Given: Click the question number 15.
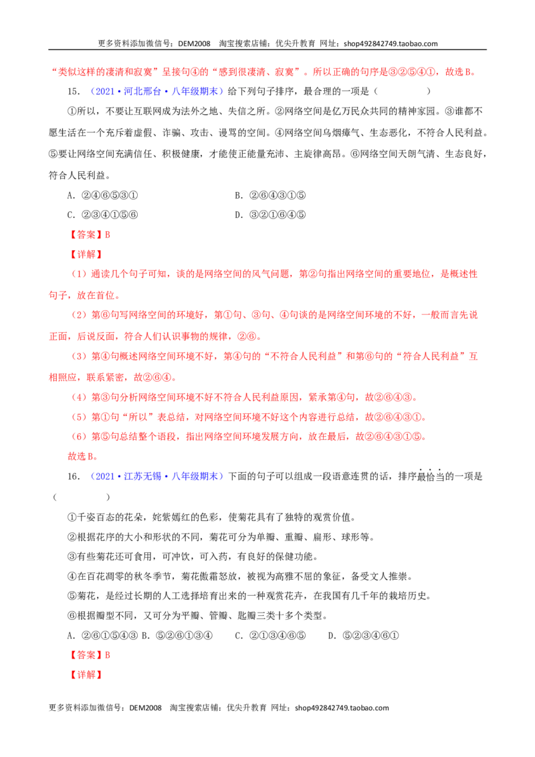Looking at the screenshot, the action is (x=74, y=91).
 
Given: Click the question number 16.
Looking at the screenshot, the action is (x=74, y=477).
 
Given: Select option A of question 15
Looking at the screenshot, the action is (x=102, y=195).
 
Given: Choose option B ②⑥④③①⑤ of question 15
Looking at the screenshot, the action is (x=270, y=195).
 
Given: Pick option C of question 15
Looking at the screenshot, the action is (x=102, y=215).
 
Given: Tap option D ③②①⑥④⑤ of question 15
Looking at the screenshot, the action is (x=270, y=215).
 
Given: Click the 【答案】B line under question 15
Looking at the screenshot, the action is (x=89, y=235).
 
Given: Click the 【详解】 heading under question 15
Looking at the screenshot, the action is (x=86, y=254).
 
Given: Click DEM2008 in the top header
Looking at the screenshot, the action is (x=194, y=43).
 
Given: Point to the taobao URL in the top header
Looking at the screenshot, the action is (x=391, y=43).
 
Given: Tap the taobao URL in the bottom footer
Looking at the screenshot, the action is (x=342, y=708).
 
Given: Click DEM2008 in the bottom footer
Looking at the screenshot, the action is (x=145, y=708).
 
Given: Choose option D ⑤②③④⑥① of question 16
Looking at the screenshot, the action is (x=363, y=636).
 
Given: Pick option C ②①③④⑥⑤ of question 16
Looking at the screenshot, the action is (x=270, y=636).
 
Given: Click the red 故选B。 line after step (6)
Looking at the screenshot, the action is (x=83, y=456).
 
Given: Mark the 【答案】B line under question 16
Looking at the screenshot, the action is (x=89, y=655).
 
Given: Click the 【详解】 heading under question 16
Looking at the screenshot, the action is (x=86, y=675).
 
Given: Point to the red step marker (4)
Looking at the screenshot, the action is (x=79, y=397).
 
